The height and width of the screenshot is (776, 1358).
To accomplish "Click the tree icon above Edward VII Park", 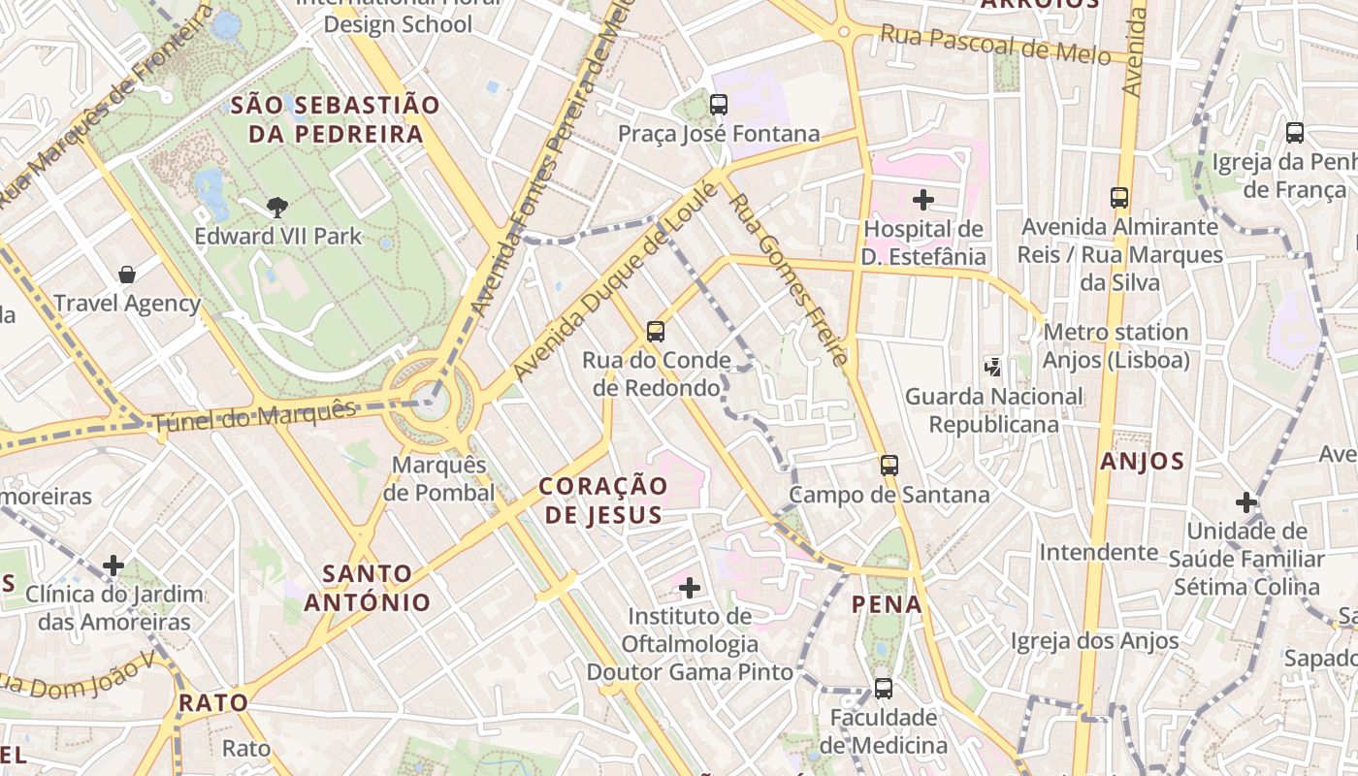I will pyautogui.click(x=277, y=207).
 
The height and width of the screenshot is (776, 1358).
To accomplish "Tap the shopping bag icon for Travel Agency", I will pyautogui.click(x=127, y=275).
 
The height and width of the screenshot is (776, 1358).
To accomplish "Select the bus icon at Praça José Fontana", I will pyautogui.click(x=719, y=105).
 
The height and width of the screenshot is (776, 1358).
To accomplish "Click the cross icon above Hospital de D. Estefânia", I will pyautogui.click(x=923, y=201).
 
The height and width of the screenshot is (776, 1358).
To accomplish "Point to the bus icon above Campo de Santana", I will pyautogui.click(x=889, y=466).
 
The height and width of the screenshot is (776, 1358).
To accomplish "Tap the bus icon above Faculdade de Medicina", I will pyautogui.click(x=883, y=689).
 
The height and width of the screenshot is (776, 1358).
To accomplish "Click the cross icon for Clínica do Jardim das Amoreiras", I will pyautogui.click(x=113, y=566).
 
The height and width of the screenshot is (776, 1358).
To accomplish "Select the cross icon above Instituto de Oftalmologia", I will pyautogui.click(x=689, y=588).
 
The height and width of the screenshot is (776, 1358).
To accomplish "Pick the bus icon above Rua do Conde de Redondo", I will pyautogui.click(x=656, y=332).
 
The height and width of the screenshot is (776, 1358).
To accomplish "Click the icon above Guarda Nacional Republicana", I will pyautogui.click(x=993, y=367).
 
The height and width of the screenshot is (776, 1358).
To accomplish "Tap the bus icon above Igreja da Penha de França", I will pyautogui.click(x=1294, y=133).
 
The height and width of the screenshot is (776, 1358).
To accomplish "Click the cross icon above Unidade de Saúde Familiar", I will pyautogui.click(x=1246, y=502).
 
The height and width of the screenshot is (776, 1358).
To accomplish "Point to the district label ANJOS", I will pyautogui.click(x=1143, y=462).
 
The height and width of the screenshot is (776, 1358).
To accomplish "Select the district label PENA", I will pyautogui.click(x=887, y=604).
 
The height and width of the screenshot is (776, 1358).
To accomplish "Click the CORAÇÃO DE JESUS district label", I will pyautogui.click(x=603, y=500).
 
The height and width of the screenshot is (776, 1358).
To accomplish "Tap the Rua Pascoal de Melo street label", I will pyautogui.click(x=994, y=45).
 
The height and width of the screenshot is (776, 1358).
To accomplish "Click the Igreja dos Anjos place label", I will pyautogui.click(x=1094, y=640).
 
